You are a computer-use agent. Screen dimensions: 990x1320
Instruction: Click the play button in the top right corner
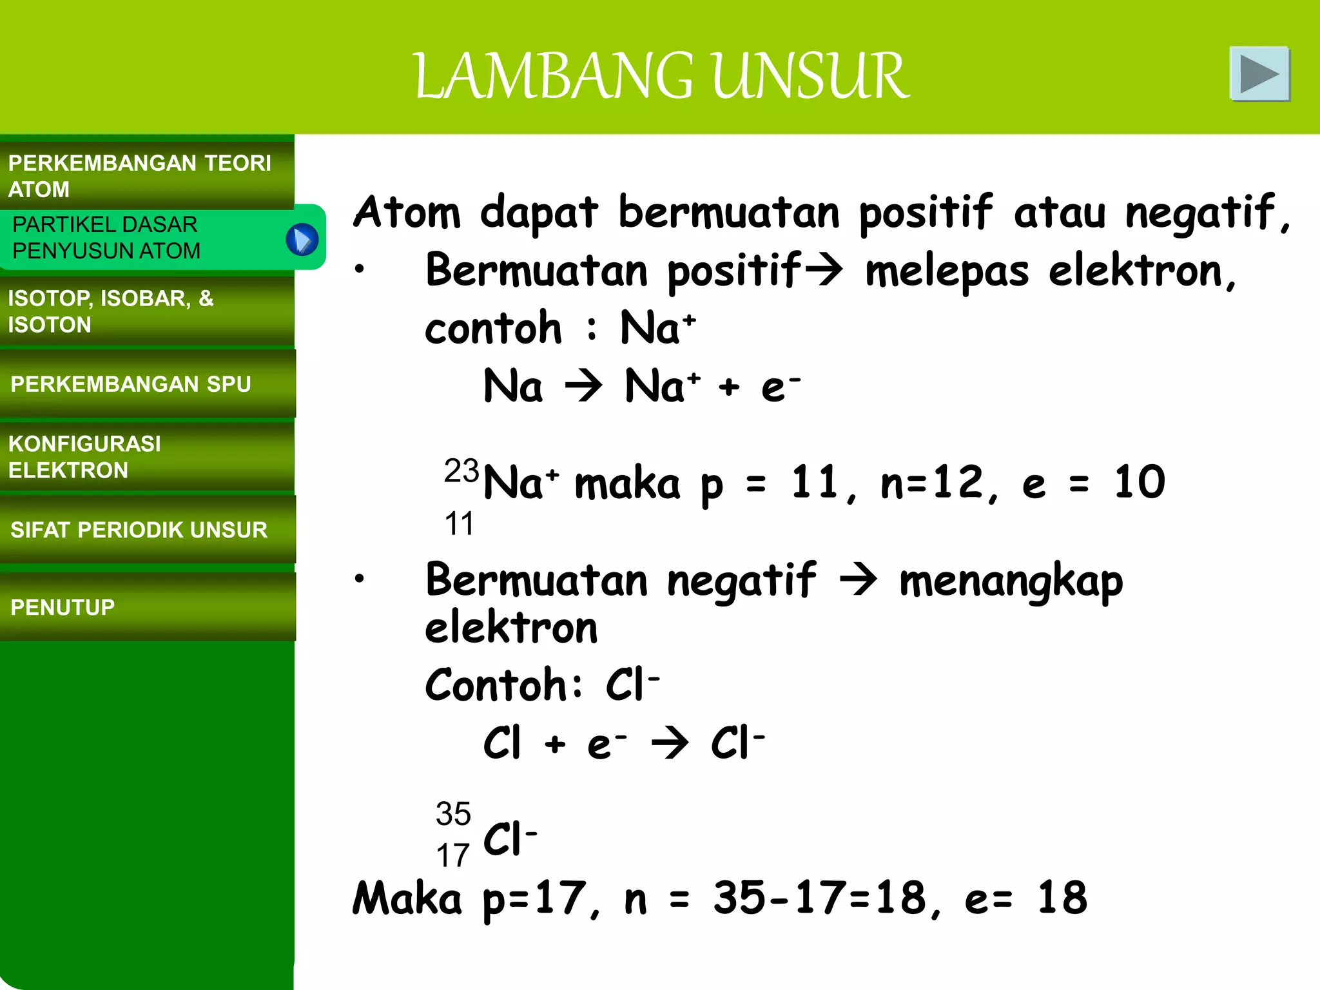[x=1259, y=74]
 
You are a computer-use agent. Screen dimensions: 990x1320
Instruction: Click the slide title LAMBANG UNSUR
[x=661, y=76]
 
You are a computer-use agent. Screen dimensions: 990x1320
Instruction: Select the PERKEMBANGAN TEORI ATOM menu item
[x=139, y=175]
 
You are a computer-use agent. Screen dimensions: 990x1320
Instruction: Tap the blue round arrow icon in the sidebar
[x=302, y=240]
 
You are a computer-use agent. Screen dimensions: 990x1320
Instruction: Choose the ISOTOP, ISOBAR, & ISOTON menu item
[x=110, y=311]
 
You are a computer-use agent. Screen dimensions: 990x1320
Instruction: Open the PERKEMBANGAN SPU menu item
[x=131, y=384]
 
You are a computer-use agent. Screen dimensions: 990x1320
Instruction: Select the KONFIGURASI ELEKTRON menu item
[x=84, y=457]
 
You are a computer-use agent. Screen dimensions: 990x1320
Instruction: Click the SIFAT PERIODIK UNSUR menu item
[x=139, y=530]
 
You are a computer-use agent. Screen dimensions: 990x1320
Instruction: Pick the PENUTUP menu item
[x=63, y=607]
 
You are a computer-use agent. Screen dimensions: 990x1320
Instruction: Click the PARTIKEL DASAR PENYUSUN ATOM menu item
[x=106, y=237]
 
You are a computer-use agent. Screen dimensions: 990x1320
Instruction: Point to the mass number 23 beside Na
[x=461, y=471]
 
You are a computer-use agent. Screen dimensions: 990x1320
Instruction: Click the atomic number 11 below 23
[x=459, y=523]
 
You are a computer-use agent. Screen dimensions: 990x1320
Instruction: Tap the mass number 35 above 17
[x=453, y=813]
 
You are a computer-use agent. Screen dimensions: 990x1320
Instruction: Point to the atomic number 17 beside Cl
[x=452, y=855]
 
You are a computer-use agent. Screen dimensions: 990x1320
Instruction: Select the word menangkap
[x=1011, y=581]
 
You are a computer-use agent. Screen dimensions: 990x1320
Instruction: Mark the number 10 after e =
[x=1140, y=482]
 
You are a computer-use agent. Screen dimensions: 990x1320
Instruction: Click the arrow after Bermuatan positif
[x=824, y=270]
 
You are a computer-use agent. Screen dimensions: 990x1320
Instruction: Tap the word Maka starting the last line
[x=407, y=898]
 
